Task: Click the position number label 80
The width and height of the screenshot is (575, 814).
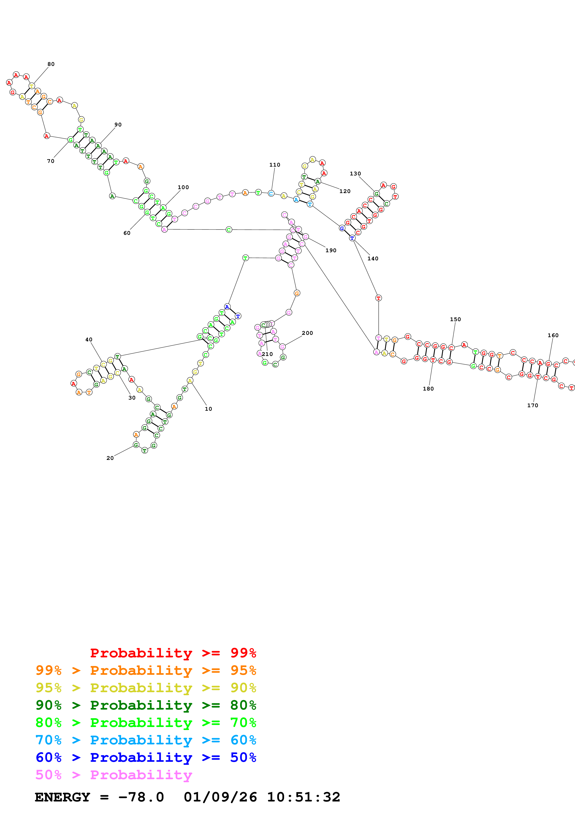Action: (x=51, y=64)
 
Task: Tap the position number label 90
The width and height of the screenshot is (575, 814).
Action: (x=118, y=125)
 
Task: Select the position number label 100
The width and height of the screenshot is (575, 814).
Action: (x=183, y=187)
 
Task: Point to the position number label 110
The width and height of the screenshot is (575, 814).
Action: (x=275, y=165)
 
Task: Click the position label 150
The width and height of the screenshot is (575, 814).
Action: (x=455, y=320)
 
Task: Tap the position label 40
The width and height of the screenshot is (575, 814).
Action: (x=89, y=340)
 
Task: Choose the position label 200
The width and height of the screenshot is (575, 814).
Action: (x=307, y=333)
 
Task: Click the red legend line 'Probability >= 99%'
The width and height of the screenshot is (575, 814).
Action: (x=173, y=653)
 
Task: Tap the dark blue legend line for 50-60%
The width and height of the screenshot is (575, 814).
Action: (x=146, y=757)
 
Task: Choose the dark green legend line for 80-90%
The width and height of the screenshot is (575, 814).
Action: (x=146, y=705)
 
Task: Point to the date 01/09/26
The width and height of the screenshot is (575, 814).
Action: (x=220, y=797)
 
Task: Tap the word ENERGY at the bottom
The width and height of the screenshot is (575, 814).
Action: (x=62, y=797)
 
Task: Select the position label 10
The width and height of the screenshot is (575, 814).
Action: (x=208, y=409)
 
